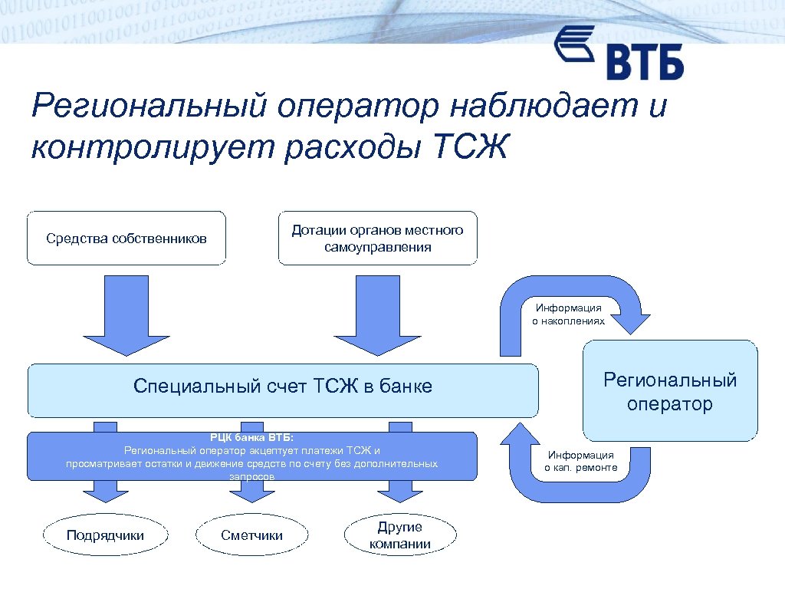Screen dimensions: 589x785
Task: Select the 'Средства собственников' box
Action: click(x=126, y=239)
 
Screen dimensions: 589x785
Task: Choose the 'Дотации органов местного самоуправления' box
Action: click(x=377, y=239)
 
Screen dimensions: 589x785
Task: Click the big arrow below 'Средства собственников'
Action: click(x=115, y=314)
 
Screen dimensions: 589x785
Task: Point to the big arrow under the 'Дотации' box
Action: click(x=366, y=314)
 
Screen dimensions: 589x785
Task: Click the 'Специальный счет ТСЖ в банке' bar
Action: click(x=283, y=390)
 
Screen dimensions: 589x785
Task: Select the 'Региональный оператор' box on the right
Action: click(x=670, y=390)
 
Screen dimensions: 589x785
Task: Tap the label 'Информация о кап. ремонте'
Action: click(x=580, y=461)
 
